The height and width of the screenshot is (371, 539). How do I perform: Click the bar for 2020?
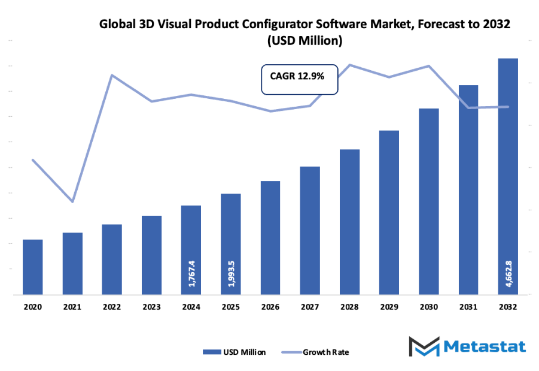[33, 267]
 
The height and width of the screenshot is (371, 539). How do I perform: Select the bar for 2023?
[151, 255]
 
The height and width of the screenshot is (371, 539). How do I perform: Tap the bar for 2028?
[349, 222]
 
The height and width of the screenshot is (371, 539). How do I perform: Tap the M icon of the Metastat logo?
[425, 347]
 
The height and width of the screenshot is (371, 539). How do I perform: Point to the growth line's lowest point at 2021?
[72, 201]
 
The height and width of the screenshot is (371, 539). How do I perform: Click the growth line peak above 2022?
[112, 75]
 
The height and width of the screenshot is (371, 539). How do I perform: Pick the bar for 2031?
[468, 189]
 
